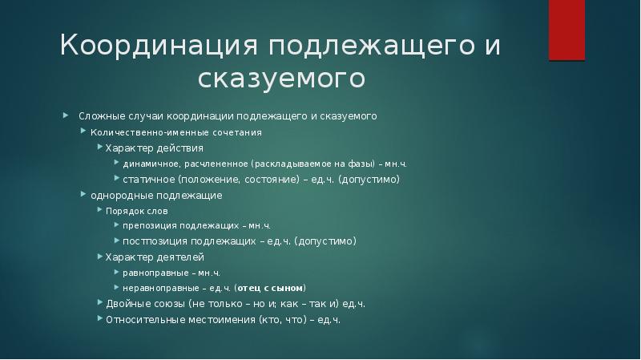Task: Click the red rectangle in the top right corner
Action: [566, 30]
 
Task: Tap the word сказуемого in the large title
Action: [281, 79]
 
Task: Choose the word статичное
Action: [149, 180]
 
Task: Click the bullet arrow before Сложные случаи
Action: [67, 116]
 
